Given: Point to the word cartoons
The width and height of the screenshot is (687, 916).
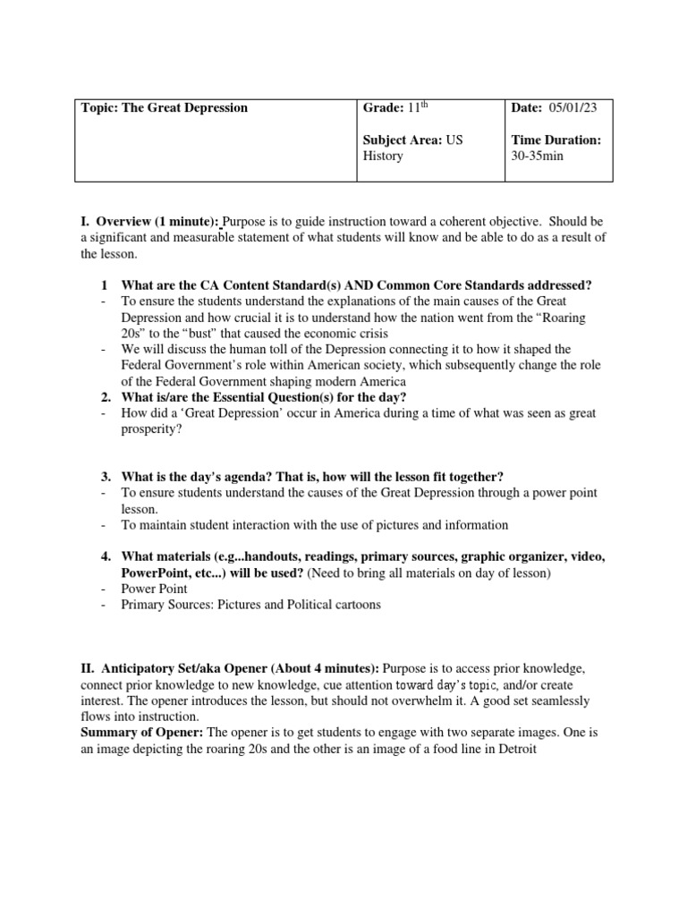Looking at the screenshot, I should [x=355, y=605].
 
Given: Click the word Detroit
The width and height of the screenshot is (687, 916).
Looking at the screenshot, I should [x=512, y=750].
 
